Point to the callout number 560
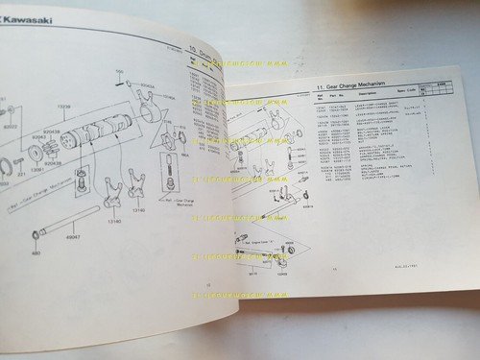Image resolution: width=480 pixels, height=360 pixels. coord(120,74)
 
